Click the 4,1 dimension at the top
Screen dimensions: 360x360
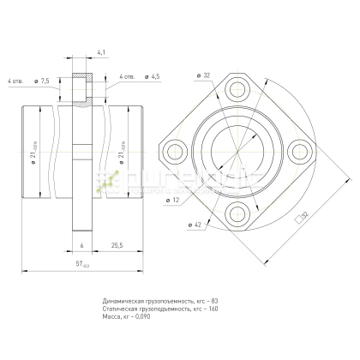click(x=101, y=53)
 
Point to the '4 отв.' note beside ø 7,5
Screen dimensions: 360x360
click(x=15, y=81)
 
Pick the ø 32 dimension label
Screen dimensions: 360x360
click(x=203, y=76)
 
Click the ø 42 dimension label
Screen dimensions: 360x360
click(x=195, y=224)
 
